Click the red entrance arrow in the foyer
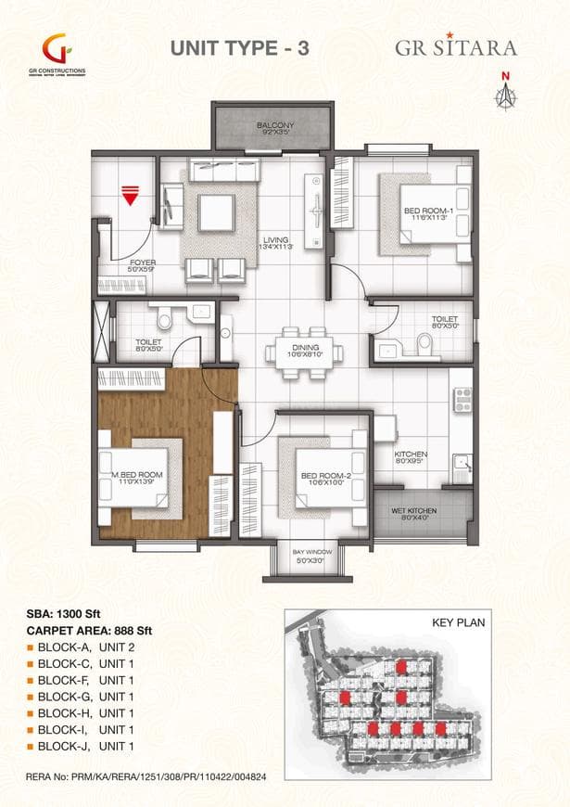(x=130, y=196)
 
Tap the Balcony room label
(x=275, y=128)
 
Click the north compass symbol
(x=505, y=90)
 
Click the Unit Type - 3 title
(x=239, y=50)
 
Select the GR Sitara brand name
(x=456, y=47)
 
